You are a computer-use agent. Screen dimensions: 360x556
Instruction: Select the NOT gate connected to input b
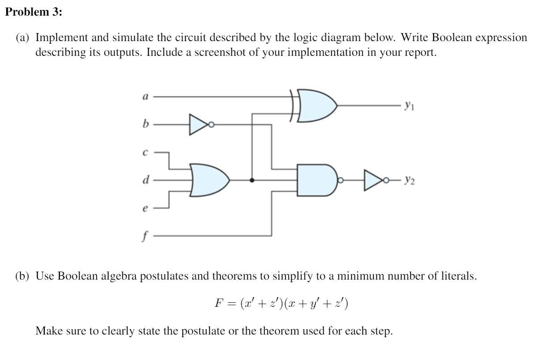tap(198, 125)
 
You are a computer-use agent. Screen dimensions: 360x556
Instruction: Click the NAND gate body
tap(316, 180)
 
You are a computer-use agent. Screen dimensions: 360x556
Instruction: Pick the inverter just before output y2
tap(373, 180)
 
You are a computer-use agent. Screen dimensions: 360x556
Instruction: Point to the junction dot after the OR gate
tap(252, 180)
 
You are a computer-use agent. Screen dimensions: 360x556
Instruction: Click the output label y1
tap(408, 106)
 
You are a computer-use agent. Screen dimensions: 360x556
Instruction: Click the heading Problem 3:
tap(34, 12)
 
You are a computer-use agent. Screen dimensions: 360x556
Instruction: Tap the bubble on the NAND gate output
tap(340, 180)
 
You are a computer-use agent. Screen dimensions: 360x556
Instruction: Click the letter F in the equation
tap(218, 303)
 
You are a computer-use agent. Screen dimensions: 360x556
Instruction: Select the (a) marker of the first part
tap(23, 38)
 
